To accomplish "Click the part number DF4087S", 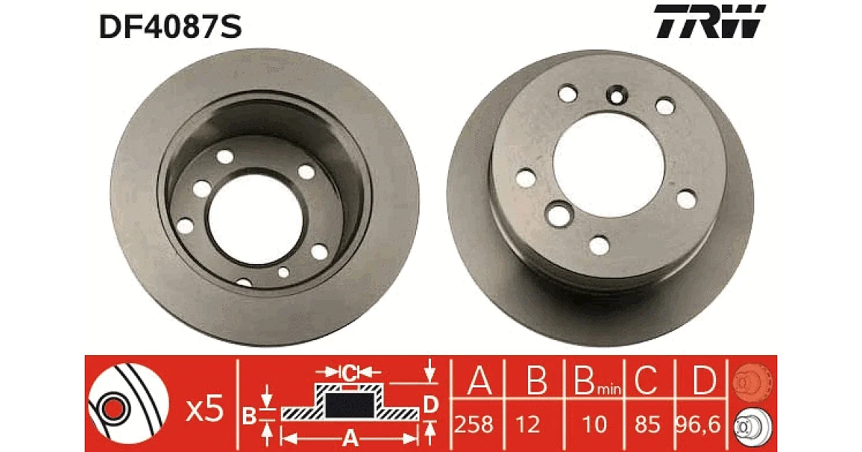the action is click(x=170, y=27).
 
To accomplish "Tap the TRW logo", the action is click(x=710, y=21).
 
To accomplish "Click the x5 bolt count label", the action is click(x=204, y=408).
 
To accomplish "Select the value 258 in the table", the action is click(x=473, y=425).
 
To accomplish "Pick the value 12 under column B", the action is click(x=528, y=425).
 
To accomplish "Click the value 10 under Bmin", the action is click(x=595, y=425).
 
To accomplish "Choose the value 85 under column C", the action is click(x=648, y=425).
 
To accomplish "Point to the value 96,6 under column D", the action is click(x=698, y=425).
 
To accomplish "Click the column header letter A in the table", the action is click(x=479, y=380).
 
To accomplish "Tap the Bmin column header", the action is click(x=597, y=380).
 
